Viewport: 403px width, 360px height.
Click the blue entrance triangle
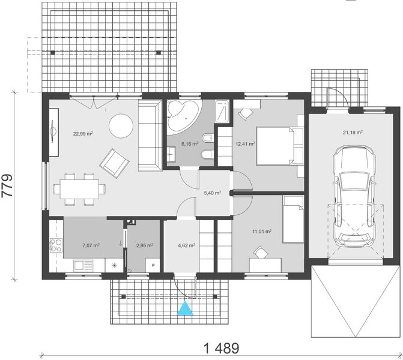coord(185,308)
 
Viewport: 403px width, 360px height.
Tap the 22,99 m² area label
coord(83,134)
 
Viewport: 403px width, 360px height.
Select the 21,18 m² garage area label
coord(353,133)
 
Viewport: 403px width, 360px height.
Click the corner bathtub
coord(183,117)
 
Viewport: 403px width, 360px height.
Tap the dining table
coord(79,189)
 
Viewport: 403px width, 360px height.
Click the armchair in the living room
coord(114,164)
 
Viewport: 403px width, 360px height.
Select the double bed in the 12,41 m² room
coord(280,146)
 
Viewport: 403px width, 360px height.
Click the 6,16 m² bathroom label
coord(190,144)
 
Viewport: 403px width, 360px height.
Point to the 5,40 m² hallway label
coord(213,193)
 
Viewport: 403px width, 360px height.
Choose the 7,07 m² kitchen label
coord(91,245)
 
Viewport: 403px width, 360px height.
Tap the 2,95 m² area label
coord(145,245)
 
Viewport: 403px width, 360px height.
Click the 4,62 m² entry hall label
coord(186,245)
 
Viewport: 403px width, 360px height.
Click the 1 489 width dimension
coord(221,349)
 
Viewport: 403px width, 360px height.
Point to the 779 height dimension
coord(7,185)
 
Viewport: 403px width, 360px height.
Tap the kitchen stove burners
coord(56,245)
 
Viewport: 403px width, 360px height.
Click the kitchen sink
coord(83,265)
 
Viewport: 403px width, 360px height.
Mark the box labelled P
coord(153,265)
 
